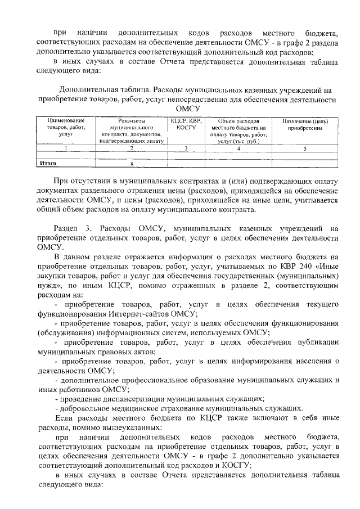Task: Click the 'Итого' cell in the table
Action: [x=47, y=164]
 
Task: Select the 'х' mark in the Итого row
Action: [x=131, y=164]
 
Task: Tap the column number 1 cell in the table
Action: [x=66, y=149]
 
